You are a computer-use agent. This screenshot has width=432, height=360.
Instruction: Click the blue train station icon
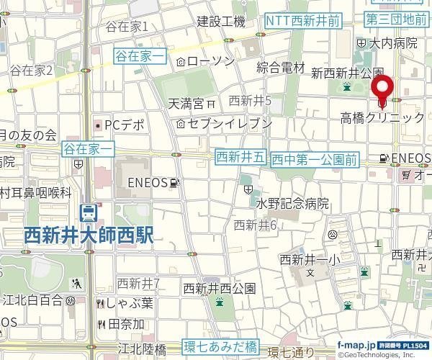[89, 213]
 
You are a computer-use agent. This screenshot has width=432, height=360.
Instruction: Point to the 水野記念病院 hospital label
[292, 204]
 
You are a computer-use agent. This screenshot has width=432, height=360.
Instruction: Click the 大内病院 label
[393, 43]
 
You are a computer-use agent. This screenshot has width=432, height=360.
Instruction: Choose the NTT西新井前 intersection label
[302, 22]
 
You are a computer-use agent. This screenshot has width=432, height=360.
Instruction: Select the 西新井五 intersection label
[241, 156]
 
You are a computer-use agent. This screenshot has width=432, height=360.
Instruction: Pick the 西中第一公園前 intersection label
[315, 158]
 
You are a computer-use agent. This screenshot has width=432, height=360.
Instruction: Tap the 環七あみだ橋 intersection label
[220, 346]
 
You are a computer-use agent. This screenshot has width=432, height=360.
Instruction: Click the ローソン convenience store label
[210, 61]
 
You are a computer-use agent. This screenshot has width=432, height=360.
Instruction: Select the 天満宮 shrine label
[186, 104]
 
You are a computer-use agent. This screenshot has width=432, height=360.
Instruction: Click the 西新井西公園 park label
[219, 288]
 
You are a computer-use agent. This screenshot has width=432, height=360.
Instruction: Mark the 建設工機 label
[221, 22]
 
